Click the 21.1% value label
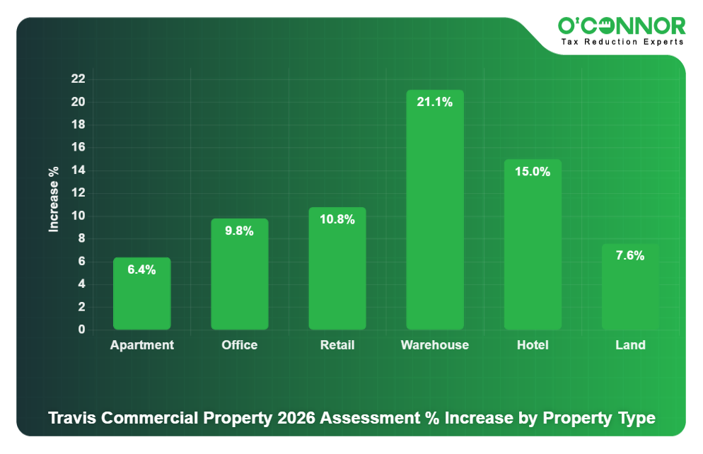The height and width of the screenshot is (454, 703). [435, 102]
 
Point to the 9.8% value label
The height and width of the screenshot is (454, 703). [239, 231]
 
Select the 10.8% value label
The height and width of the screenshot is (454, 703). [337, 219]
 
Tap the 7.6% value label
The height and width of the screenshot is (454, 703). [630, 256]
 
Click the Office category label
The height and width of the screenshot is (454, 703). [239, 345]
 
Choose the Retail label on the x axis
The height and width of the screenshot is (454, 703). [337, 345]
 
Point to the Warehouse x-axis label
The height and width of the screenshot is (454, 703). [435, 345]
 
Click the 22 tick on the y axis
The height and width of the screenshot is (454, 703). [78, 78]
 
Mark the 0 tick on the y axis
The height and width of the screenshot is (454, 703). [81, 330]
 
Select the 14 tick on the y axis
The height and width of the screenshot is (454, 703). [78, 170]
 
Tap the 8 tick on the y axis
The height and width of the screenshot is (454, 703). [81, 238]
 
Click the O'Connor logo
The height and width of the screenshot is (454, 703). [622, 27]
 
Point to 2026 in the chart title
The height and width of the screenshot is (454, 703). [297, 418]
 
